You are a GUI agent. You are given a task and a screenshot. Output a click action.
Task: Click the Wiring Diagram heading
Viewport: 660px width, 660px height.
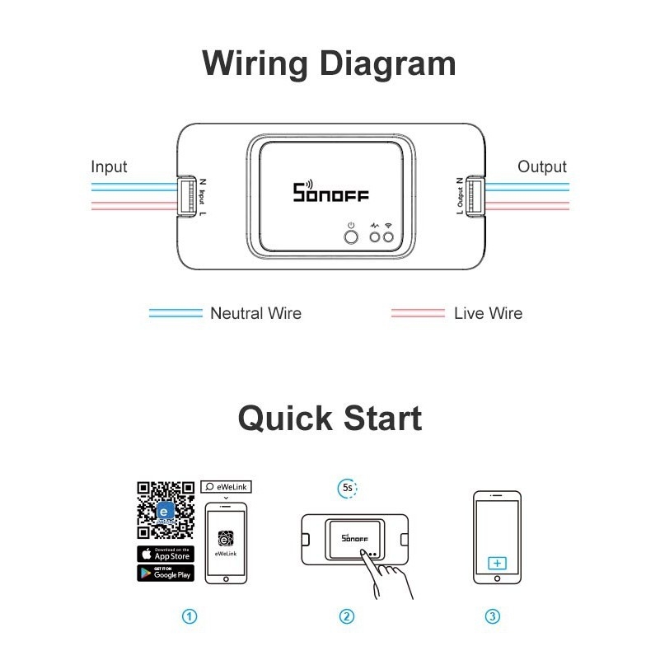click(x=329, y=63)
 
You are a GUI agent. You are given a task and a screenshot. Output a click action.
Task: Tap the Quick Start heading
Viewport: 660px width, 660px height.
click(x=330, y=418)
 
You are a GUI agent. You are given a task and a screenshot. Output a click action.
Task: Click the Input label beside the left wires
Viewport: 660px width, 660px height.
click(x=109, y=167)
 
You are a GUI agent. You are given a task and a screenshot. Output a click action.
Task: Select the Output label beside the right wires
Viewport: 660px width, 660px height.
click(x=541, y=167)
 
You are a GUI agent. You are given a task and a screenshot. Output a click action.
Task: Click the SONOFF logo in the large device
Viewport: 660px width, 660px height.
click(x=331, y=193)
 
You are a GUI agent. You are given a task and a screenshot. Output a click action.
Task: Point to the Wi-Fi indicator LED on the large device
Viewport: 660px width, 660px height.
click(x=388, y=238)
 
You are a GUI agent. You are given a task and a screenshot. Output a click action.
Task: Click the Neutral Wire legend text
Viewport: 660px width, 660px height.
click(x=255, y=313)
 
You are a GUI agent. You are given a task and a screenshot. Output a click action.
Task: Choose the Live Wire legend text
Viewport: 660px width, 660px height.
click(x=487, y=313)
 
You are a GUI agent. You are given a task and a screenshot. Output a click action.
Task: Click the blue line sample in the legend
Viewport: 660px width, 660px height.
click(x=175, y=313)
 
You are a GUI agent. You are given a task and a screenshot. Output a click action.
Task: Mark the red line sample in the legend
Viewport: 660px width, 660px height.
click(x=418, y=313)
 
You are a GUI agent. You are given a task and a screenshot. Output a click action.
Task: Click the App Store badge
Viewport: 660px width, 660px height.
click(x=166, y=554)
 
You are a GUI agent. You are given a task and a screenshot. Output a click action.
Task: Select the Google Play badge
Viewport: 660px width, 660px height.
click(x=166, y=573)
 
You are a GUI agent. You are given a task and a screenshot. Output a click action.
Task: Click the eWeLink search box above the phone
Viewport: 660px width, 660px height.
click(x=226, y=488)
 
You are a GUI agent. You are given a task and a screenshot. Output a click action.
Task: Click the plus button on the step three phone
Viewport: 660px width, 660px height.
click(x=496, y=563)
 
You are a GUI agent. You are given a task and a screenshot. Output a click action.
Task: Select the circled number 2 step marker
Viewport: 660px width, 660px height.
click(x=347, y=616)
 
